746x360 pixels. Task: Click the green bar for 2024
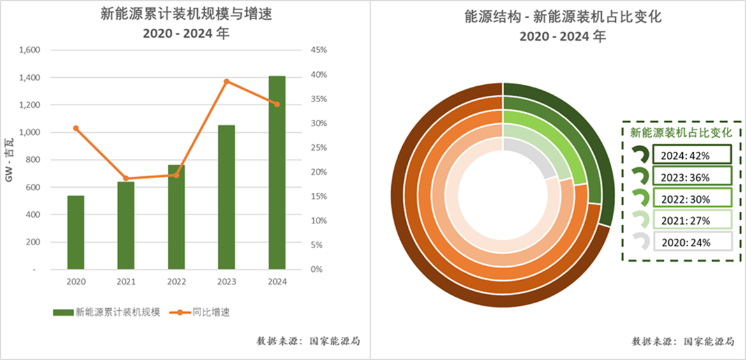(x=277, y=172)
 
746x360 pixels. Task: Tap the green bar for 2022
(x=176, y=217)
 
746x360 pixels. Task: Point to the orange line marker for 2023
(x=227, y=81)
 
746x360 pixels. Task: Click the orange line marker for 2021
(x=126, y=179)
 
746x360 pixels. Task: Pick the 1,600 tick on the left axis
(x=30, y=50)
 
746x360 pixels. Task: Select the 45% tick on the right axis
(x=318, y=50)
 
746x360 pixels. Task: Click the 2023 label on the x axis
(x=227, y=281)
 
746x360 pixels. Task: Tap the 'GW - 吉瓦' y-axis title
(x=9, y=160)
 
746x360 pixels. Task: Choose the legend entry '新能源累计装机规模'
(x=106, y=312)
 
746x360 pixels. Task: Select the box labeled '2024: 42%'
(x=690, y=154)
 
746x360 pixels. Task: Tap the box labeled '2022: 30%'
(x=690, y=199)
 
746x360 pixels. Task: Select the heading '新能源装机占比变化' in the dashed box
(x=681, y=133)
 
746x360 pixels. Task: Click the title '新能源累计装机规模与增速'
(x=186, y=15)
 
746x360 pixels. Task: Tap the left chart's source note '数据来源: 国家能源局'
(x=309, y=341)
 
